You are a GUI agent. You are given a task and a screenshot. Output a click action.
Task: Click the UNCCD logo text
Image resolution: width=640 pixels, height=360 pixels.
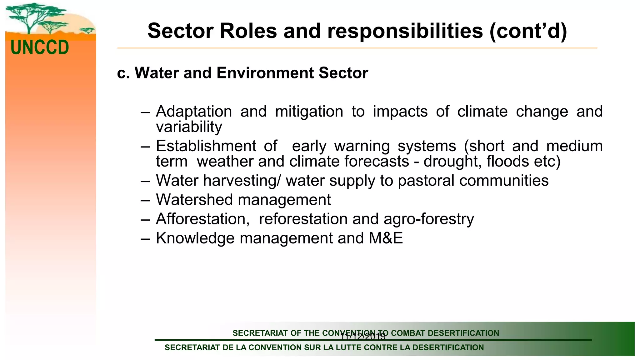coord(40,47)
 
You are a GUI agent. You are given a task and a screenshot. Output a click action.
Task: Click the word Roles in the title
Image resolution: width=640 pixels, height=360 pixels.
coord(248,31)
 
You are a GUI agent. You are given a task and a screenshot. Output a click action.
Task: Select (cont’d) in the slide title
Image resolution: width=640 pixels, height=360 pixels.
coord(528,31)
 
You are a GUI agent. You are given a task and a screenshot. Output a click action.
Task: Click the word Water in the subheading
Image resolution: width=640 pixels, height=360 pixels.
coord(157,73)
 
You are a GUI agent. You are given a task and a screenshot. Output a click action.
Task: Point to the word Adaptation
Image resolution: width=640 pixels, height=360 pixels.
coord(194,112)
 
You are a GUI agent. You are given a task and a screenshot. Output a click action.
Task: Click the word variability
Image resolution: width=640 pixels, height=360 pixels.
coord(189,127)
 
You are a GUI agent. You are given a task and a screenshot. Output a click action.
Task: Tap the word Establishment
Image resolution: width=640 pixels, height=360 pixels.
coord(206,146)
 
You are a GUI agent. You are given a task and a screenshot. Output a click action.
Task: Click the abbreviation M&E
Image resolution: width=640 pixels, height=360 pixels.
coord(386,238)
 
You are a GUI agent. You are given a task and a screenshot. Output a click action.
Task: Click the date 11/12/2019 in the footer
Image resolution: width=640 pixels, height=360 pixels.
coord(363,337)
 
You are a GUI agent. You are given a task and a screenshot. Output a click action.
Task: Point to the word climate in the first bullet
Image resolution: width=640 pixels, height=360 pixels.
coord(482,112)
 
